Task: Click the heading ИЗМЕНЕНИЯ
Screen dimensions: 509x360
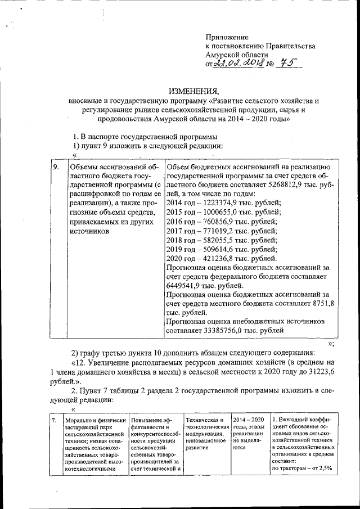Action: click(x=193, y=91)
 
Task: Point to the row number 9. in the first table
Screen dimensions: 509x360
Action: click(x=56, y=167)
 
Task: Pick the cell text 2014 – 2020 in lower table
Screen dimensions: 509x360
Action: click(x=248, y=420)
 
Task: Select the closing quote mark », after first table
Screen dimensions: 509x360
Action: click(x=331, y=344)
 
